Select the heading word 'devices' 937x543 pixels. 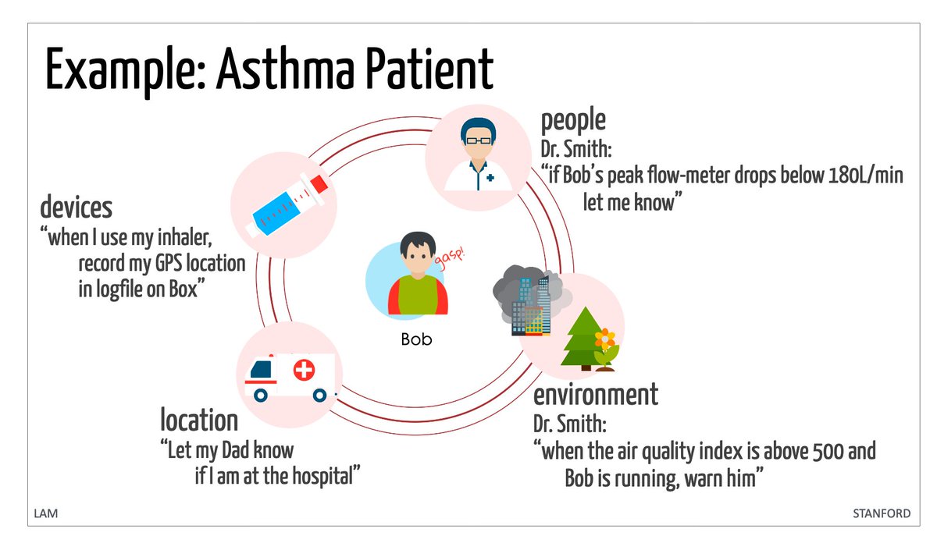click(x=76, y=208)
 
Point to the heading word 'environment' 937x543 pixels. click(x=595, y=394)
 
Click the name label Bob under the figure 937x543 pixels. click(x=416, y=339)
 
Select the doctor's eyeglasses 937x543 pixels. click(x=479, y=140)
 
